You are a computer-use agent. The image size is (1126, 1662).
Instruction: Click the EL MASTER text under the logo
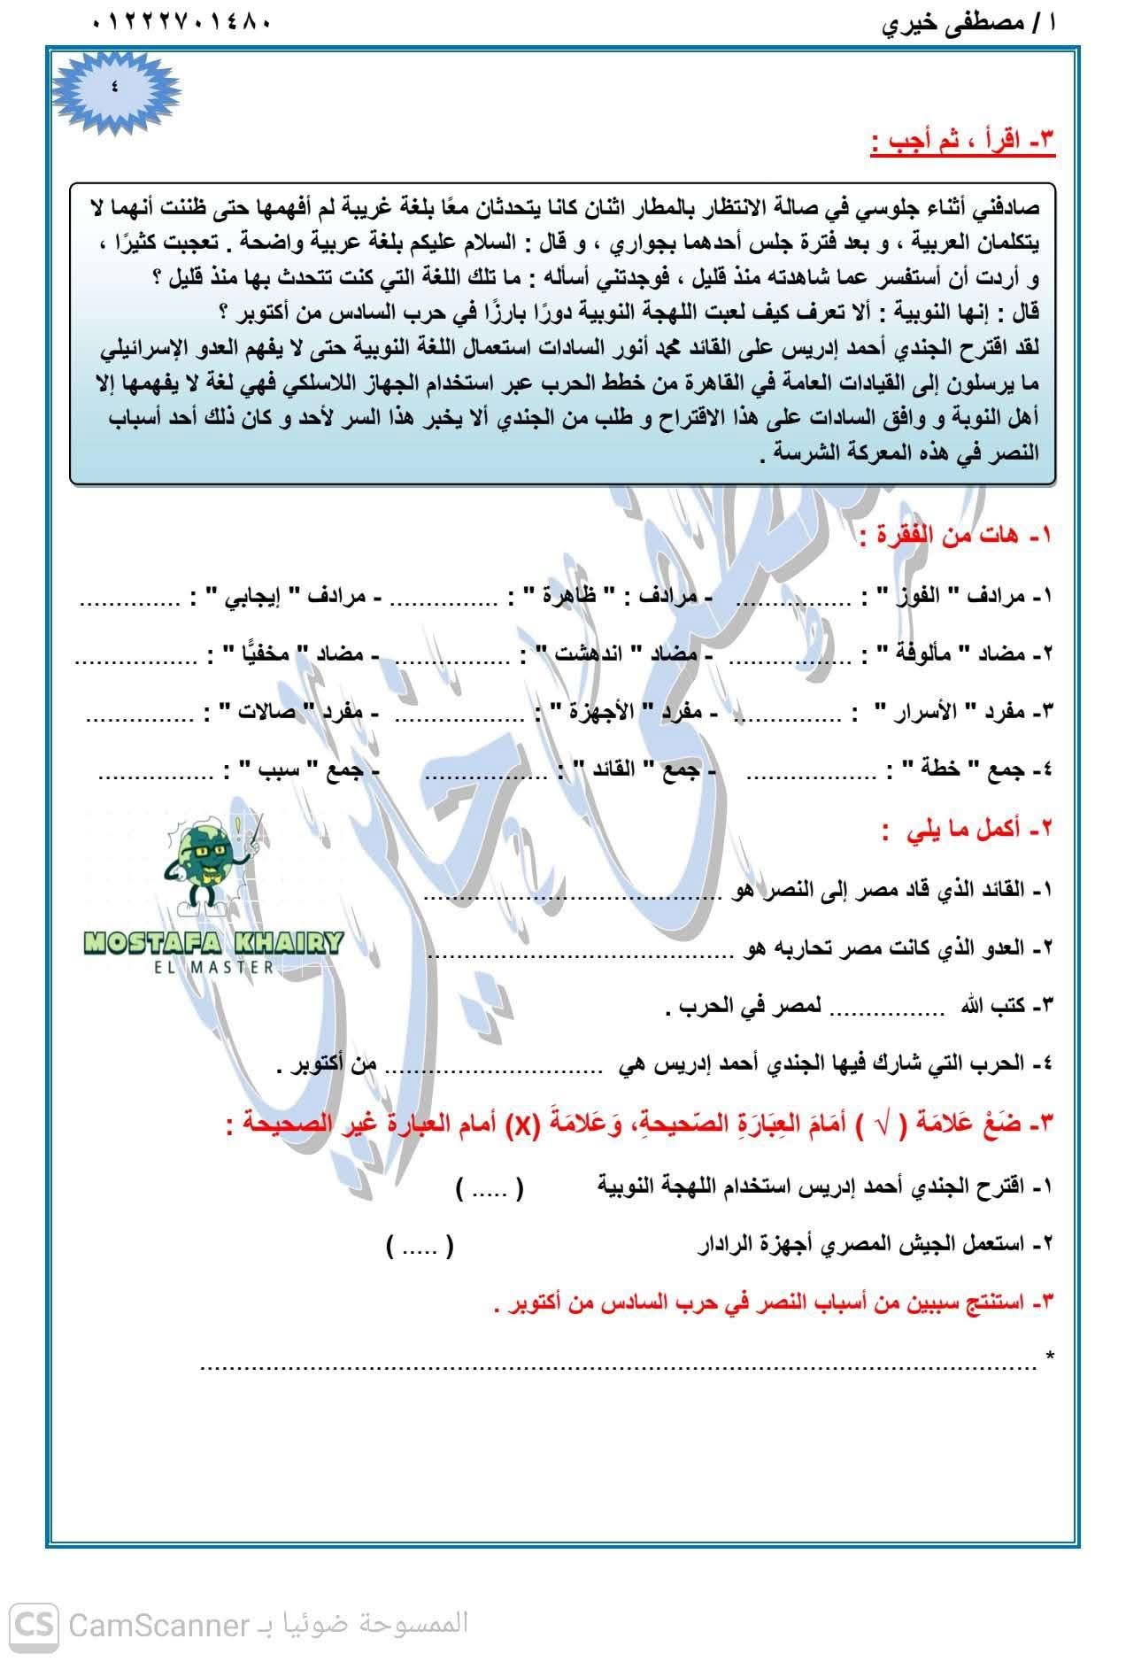coord(212,967)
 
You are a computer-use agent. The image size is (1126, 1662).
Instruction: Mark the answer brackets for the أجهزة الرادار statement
coord(420,1248)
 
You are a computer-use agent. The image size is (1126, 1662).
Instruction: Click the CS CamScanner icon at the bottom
coord(35,1626)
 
